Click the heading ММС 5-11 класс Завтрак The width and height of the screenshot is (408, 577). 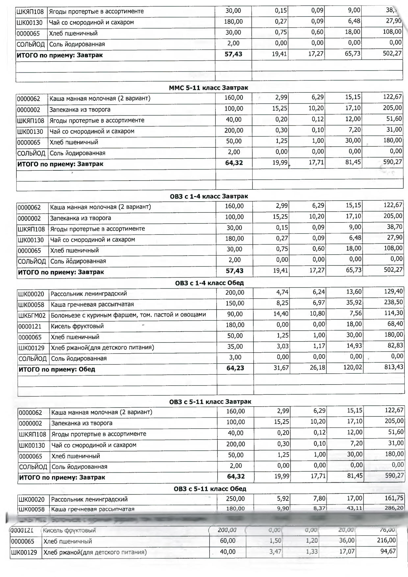click(x=208, y=88)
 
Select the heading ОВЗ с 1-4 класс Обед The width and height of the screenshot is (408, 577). click(x=209, y=283)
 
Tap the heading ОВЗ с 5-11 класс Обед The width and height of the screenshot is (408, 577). click(x=210, y=489)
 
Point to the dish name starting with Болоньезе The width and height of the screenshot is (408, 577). click(x=128, y=315)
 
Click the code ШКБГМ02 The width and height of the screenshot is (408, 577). click(x=32, y=315)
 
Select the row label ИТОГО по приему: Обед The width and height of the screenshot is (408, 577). click(x=57, y=369)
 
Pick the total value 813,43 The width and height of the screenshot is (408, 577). click(x=394, y=367)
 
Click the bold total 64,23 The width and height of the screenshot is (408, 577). click(x=235, y=368)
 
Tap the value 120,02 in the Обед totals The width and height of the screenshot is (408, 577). click(x=353, y=367)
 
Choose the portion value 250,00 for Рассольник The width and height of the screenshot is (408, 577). click(x=235, y=499)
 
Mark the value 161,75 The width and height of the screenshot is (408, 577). click(x=394, y=498)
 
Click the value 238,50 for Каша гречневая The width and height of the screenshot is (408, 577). click(x=394, y=302)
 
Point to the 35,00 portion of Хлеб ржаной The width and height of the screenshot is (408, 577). click(x=235, y=346)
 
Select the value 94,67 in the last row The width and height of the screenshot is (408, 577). click(x=388, y=551)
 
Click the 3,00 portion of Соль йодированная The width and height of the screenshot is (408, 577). click(x=235, y=357)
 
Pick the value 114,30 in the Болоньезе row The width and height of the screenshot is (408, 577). click(x=394, y=313)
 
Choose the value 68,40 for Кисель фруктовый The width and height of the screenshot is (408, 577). click(x=395, y=324)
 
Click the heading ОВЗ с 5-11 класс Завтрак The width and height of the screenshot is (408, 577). click(x=210, y=402)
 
